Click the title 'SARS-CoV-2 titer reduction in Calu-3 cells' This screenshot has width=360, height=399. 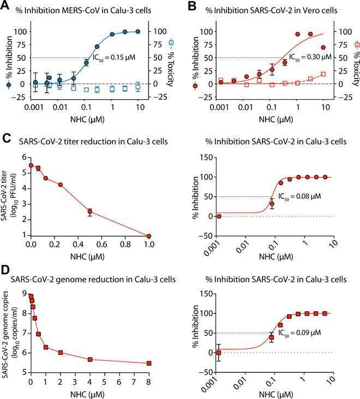[92, 142]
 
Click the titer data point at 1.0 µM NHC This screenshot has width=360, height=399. [149, 236]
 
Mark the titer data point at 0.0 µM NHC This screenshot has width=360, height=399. [31, 166]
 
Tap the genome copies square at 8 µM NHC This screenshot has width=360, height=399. [149, 363]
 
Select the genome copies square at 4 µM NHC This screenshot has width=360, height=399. [90, 359]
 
